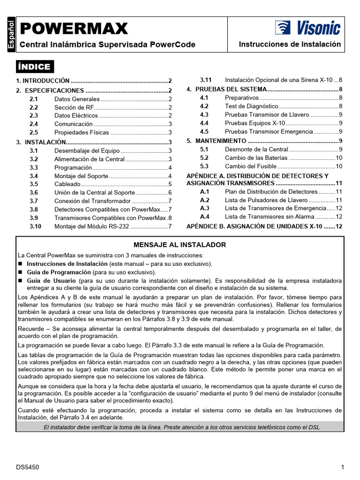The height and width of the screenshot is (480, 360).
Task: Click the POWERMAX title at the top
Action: click(x=73, y=29)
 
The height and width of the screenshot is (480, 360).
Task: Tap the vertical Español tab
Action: click(x=10, y=35)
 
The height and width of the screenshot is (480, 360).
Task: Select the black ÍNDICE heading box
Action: click(x=35, y=67)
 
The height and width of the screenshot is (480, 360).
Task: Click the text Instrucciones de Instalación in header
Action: click(x=290, y=45)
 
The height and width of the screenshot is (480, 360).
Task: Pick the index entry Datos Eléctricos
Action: click(x=75, y=116)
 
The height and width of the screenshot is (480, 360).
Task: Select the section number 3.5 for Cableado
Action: click(x=33, y=184)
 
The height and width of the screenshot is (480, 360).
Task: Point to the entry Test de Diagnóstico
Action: click(x=251, y=106)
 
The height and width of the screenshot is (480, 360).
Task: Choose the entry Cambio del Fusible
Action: click(x=250, y=166)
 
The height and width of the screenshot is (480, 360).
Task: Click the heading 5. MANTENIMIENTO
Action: click(x=220, y=141)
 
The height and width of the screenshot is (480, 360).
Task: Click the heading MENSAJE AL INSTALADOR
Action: click(x=180, y=245)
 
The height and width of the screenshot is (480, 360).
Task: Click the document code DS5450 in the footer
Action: click(x=27, y=467)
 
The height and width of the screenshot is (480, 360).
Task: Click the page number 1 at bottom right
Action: click(x=343, y=467)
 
